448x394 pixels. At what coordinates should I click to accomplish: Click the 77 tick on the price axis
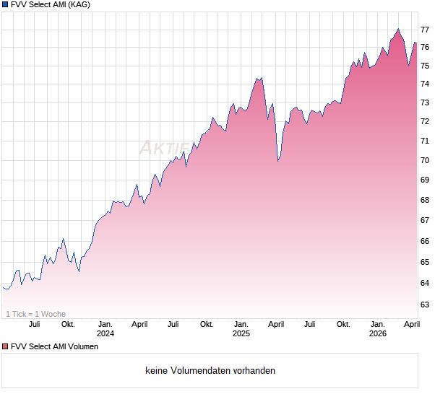click(x=426, y=30)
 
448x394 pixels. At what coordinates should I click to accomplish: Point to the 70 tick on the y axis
click(x=426, y=160)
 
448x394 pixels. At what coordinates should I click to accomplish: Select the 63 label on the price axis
click(x=426, y=305)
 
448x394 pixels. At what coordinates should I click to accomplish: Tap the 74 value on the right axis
click(x=426, y=84)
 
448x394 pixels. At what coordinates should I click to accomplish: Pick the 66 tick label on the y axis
click(x=426, y=241)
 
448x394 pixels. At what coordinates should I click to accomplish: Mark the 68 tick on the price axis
click(x=426, y=200)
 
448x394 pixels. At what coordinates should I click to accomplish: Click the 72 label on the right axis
click(x=426, y=121)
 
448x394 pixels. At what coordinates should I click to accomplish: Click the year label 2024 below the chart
click(x=105, y=334)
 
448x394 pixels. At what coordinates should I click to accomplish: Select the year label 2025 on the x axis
click(x=241, y=334)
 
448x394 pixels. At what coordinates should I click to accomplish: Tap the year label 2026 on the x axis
click(x=377, y=334)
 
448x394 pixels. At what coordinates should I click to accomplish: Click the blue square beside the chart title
click(x=5, y=4)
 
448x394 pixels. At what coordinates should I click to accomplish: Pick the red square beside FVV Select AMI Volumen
click(x=5, y=346)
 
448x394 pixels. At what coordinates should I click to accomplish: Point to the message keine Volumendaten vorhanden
click(x=210, y=371)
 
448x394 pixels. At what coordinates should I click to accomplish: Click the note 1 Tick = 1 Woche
click(x=35, y=314)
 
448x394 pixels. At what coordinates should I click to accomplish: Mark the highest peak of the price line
click(x=397, y=29)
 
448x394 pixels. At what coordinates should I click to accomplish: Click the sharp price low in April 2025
click(x=278, y=160)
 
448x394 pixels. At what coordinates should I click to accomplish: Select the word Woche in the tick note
click(x=54, y=314)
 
